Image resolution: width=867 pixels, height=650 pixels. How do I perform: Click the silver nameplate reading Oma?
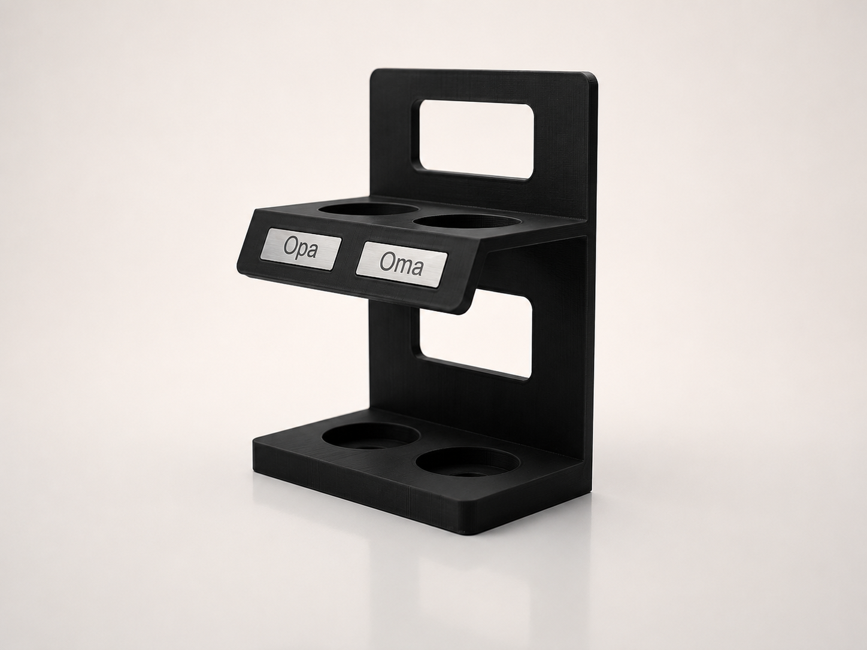point(402,265)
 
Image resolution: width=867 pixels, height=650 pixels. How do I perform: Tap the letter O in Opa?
point(290,247)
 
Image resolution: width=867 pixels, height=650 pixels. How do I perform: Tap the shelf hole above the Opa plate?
point(368,209)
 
